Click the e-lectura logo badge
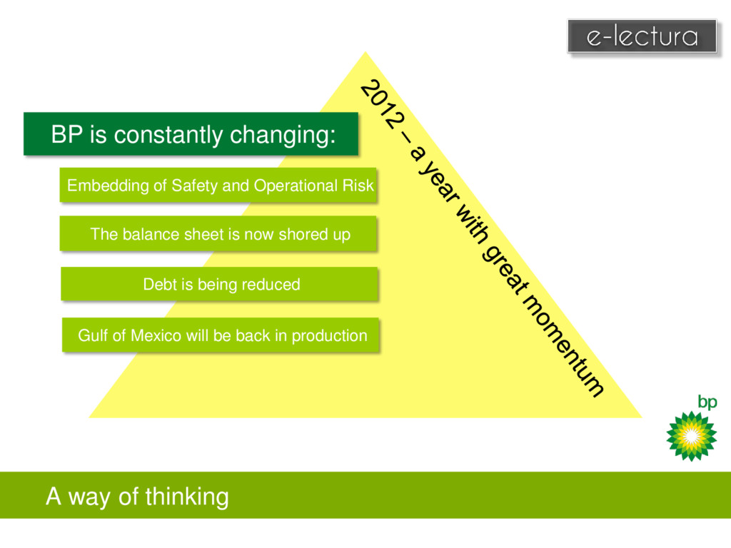tap(642, 36)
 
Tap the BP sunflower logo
tap(690, 435)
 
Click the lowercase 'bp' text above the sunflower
tap(707, 403)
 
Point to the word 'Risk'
tap(358, 186)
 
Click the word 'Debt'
tap(159, 285)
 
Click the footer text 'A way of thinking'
tap(137, 496)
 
